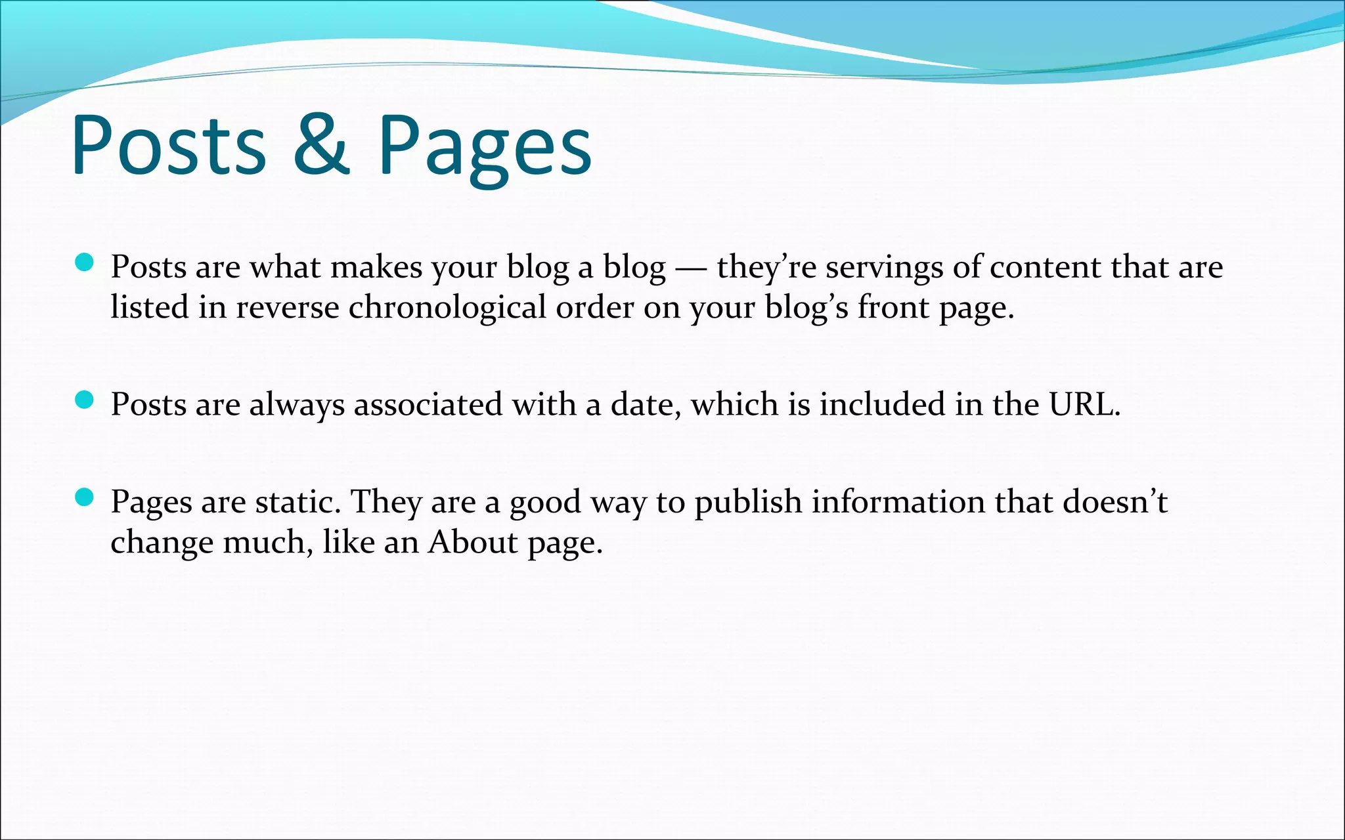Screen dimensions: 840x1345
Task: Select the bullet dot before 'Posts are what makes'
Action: click(x=85, y=263)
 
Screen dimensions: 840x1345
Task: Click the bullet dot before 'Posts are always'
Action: click(x=85, y=400)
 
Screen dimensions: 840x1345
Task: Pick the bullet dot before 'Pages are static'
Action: click(x=85, y=497)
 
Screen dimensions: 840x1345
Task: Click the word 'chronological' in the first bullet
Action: click(x=447, y=307)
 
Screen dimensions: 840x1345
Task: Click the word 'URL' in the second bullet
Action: click(x=1082, y=404)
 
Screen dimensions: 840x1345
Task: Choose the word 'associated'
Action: click(x=428, y=404)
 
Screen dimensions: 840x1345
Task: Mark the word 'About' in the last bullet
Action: click(x=473, y=542)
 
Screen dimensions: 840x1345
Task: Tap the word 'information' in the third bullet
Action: click(x=898, y=502)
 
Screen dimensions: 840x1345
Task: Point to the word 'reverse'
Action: click(x=287, y=307)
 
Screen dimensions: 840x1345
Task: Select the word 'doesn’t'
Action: click(x=1115, y=502)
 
